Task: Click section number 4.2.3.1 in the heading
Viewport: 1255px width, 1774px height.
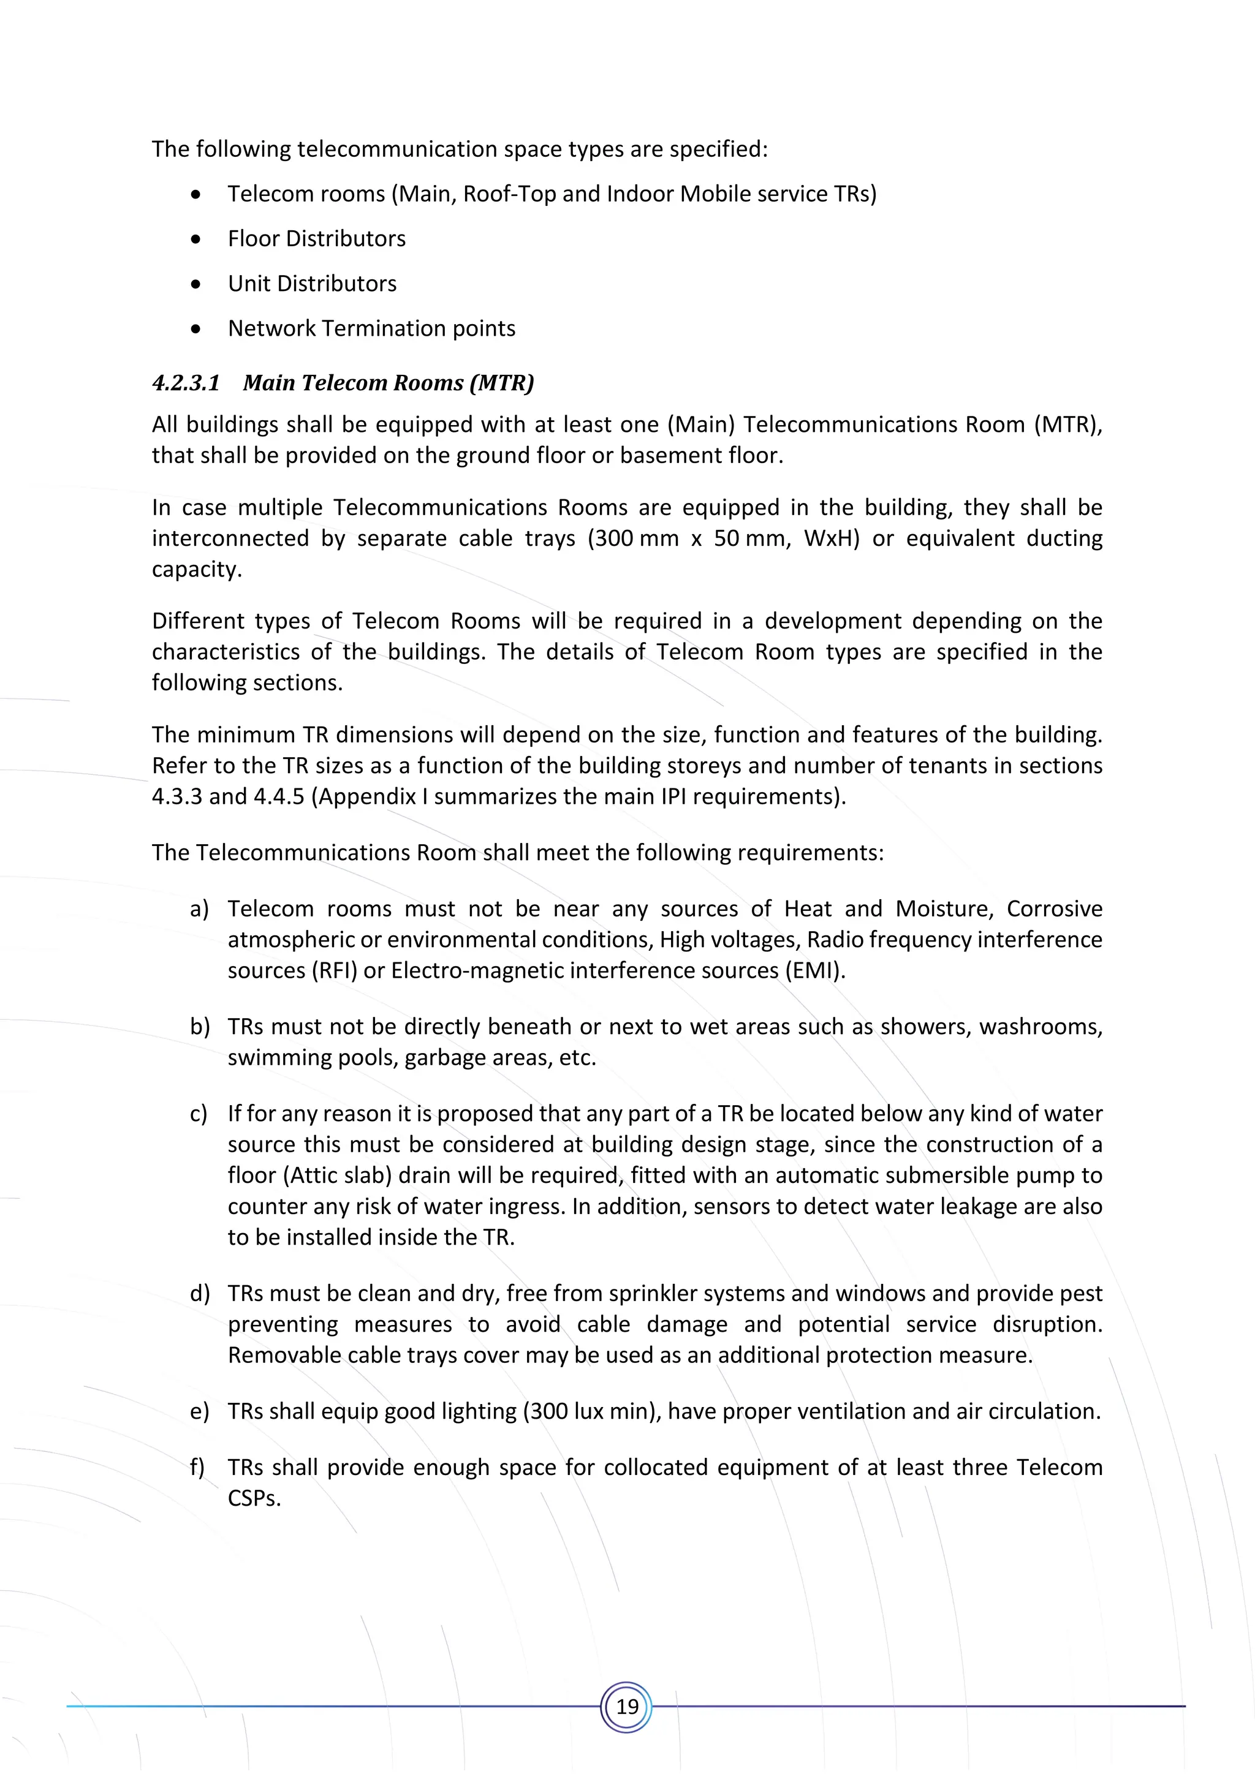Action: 186,383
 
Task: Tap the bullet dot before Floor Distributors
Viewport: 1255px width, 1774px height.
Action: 196,240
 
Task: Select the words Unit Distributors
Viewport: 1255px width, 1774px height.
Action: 311,284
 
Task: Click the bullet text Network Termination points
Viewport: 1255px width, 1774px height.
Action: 371,328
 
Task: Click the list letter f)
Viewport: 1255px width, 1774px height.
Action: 197,1467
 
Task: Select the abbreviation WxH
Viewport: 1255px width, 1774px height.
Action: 832,538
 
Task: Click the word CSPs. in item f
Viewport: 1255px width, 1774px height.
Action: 254,1499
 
